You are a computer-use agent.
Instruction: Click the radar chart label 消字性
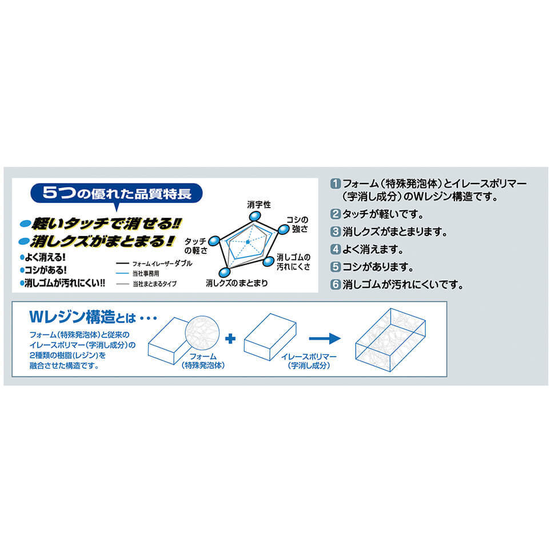point(258,204)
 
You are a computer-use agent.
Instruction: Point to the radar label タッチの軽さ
point(195,245)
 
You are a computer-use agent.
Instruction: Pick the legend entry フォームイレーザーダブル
point(162,263)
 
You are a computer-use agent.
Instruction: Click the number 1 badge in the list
point(336,184)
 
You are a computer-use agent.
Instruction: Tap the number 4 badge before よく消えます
point(336,250)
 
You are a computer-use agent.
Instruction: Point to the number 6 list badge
point(336,284)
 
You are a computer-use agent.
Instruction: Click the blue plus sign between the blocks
point(230,339)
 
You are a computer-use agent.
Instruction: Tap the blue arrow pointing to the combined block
point(324,339)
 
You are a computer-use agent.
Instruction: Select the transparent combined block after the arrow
point(390,341)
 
